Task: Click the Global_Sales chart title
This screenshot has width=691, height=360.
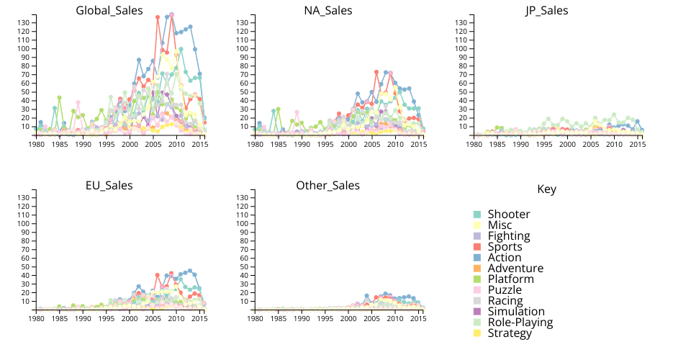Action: tap(109, 11)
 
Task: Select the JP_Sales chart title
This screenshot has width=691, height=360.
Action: tap(546, 11)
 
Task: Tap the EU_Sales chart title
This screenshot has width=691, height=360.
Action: tap(109, 186)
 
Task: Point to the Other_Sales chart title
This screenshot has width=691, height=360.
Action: tap(328, 186)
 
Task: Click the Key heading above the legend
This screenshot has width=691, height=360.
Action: tap(546, 189)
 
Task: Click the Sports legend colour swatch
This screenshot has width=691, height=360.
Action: tap(477, 247)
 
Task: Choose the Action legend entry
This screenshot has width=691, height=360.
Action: tap(505, 258)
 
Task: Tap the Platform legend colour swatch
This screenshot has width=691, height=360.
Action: tap(477, 279)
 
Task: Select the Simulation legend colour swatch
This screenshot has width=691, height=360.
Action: tap(477, 312)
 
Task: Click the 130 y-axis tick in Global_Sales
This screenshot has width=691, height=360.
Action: tap(23, 23)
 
